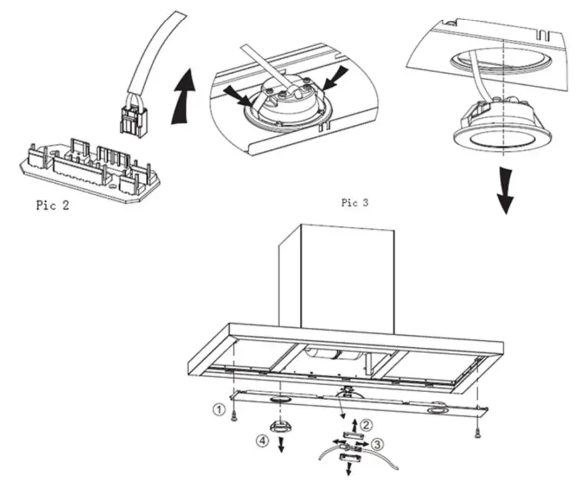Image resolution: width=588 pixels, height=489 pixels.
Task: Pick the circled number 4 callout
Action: [x=263, y=439]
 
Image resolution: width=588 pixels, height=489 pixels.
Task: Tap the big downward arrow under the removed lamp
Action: [x=505, y=190]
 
